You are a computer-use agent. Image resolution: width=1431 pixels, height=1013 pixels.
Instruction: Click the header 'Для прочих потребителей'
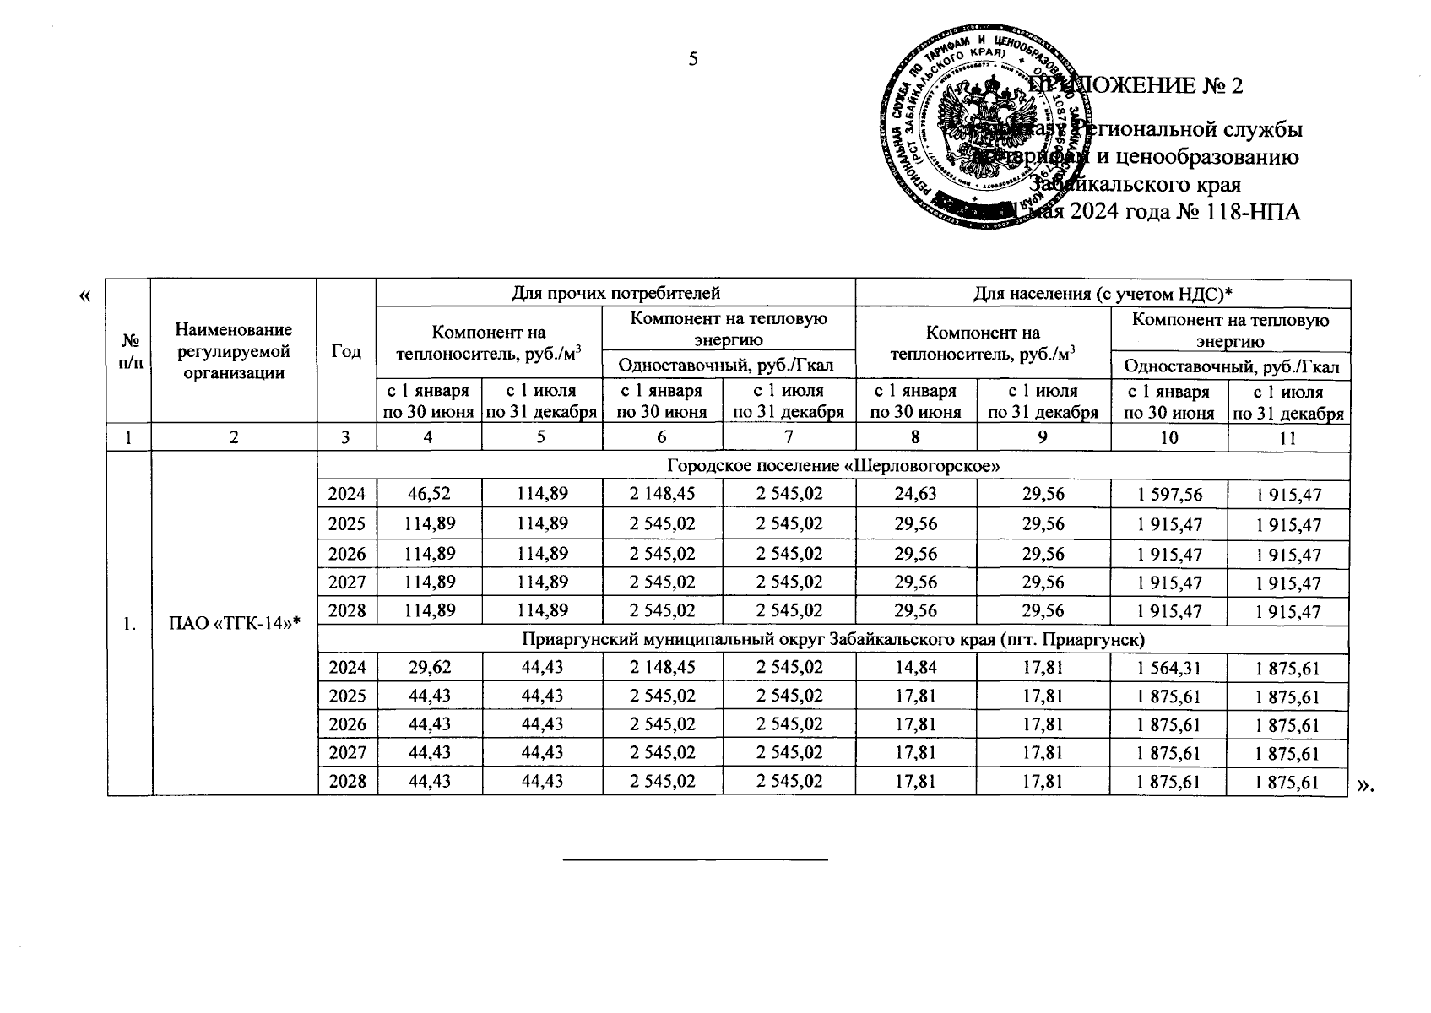tap(615, 293)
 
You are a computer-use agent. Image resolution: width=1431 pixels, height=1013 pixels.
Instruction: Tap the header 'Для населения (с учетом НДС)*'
tap(1103, 293)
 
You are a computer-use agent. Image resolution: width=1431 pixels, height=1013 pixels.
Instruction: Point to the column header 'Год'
tap(346, 351)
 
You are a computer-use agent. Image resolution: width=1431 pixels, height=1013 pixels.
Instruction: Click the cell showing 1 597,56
tap(1168, 496)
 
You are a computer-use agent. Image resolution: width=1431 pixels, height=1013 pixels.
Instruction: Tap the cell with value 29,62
tap(429, 668)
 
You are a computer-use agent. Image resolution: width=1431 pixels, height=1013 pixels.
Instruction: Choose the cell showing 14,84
tap(916, 668)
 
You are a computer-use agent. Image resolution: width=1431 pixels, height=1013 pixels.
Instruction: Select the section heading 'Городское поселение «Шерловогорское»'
tap(833, 466)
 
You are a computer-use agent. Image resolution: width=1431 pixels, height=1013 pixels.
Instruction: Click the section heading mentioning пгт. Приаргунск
tap(833, 640)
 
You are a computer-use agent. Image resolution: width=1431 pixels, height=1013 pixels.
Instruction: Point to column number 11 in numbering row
tap(1287, 437)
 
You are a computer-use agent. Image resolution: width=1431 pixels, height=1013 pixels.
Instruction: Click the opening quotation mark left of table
tap(84, 295)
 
